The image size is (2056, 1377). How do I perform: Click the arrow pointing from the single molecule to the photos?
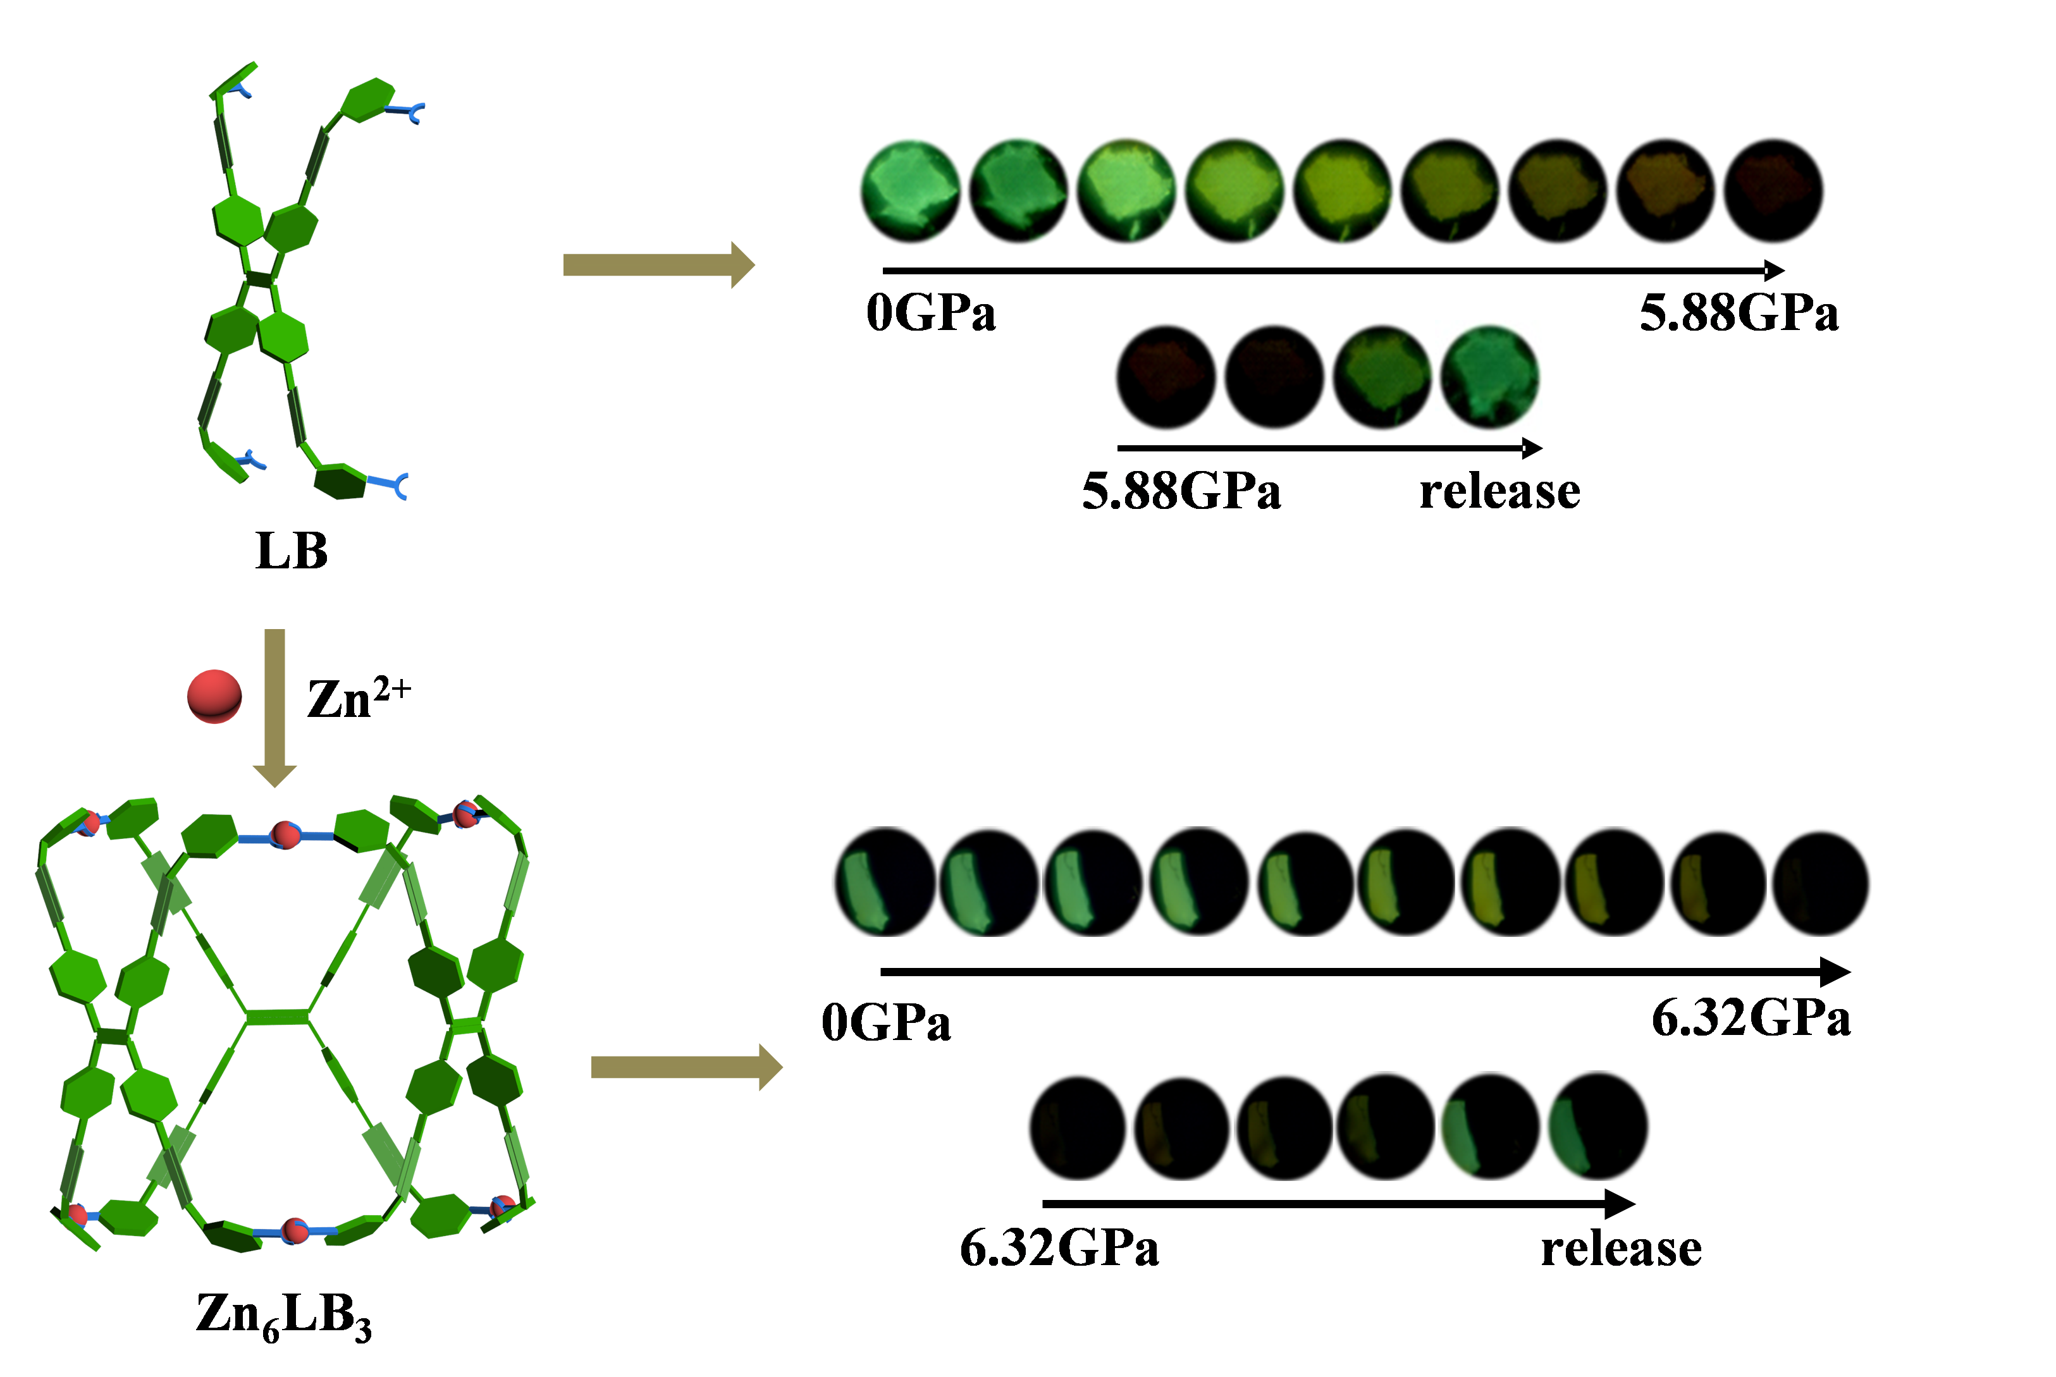[659, 264]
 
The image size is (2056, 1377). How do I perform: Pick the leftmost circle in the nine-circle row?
[910, 190]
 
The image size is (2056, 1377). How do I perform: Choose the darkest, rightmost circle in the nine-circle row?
[1774, 190]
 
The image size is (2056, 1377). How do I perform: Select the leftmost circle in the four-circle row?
[1166, 377]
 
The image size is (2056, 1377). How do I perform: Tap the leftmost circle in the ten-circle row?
[884, 882]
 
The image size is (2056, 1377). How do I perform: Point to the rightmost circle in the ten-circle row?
[1821, 882]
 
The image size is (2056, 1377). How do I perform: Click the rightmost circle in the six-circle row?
[1598, 1127]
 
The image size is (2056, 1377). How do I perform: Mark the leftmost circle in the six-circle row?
[1078, 1127]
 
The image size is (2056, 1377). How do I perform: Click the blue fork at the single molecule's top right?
[409, 111]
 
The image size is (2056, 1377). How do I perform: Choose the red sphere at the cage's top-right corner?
[465, 814]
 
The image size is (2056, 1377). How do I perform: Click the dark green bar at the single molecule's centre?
[260, 279]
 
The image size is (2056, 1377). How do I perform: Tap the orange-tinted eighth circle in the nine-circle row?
[1666, 190]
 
